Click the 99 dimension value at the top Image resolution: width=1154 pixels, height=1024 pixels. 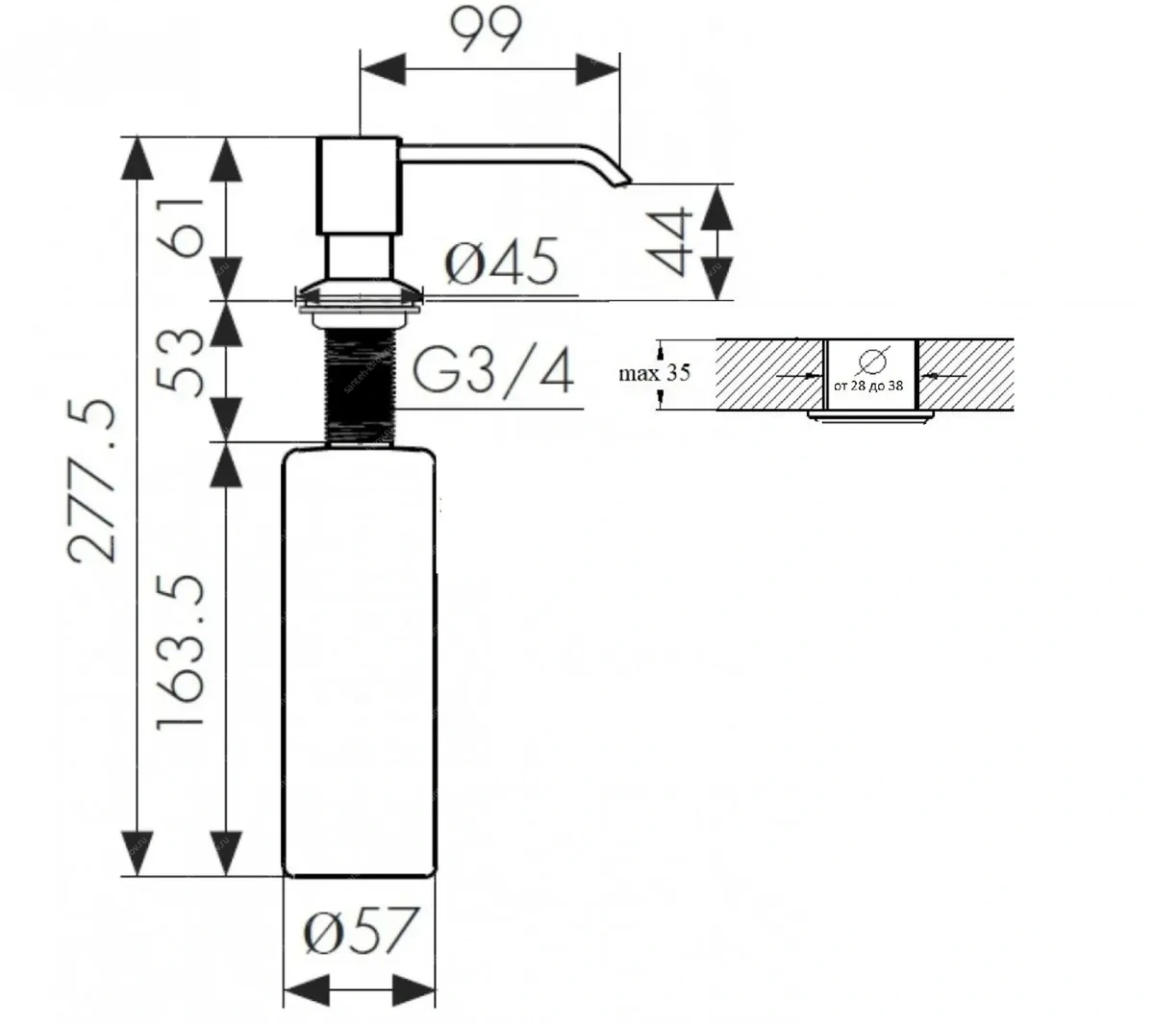486,31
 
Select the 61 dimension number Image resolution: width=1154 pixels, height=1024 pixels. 185,227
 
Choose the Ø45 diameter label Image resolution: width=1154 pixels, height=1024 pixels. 501,262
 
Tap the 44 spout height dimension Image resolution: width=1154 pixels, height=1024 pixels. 669,240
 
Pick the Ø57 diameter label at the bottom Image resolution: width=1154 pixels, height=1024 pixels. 361,930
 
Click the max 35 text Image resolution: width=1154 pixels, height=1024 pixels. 655,372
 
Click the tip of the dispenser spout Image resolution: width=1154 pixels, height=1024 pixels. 623,178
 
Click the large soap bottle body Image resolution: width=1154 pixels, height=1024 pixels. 359,663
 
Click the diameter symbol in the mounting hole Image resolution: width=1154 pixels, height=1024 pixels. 870,361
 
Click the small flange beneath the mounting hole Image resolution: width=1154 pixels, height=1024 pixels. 870,415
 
